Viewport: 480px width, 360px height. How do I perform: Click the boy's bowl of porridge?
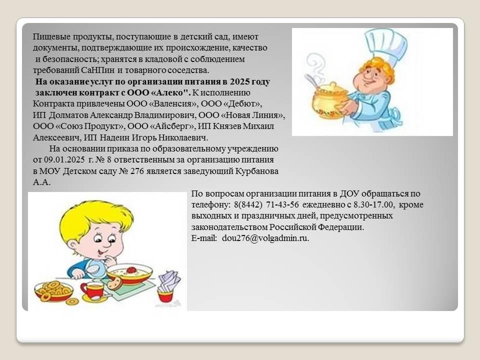[x=129, y=273]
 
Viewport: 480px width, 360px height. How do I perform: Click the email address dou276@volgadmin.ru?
[x=265, y=238]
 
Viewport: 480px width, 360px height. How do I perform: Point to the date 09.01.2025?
[x=64, y=160]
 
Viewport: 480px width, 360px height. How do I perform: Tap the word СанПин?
[x=98, y=70]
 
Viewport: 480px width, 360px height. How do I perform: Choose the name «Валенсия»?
[x=173, y=104]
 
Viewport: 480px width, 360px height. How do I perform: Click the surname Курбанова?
[x=257, y=171]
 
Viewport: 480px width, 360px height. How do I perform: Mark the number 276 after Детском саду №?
[x=137, y=171]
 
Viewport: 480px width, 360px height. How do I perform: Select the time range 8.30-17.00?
[x=373, y=204]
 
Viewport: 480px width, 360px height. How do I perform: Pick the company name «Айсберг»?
[x=171, y=126]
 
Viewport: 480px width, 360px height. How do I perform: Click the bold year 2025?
[x=240, y=81]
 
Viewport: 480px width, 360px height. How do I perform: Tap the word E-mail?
[x=204, y=238]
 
